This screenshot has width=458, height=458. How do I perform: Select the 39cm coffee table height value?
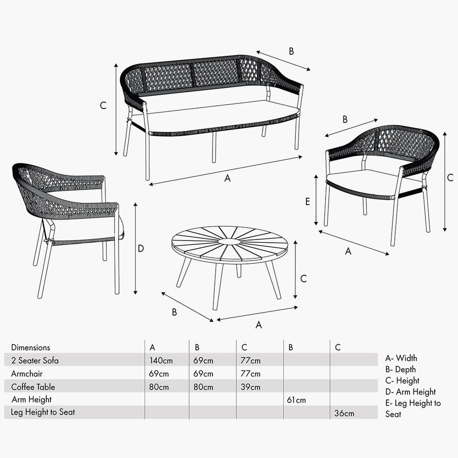click(x=250, y=387)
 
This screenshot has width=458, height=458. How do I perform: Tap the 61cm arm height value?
click(x=296, y=400)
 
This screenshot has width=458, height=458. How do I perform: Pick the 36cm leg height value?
click(x=344, y=413)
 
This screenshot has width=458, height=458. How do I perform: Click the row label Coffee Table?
click(x=33, y=387)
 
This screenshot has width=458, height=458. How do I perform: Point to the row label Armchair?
click(x=27, y=374)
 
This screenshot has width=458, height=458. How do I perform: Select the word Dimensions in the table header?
click(x=31, y=348)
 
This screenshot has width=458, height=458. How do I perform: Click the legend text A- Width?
click(x=401, y=358)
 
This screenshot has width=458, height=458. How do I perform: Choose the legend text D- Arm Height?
click(x=410, y=392)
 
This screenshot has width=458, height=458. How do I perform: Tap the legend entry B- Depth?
click(x=401, y=370)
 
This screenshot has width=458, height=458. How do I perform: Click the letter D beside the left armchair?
click(x=141, y=249)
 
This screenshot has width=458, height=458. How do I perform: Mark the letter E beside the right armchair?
click(x=308, y=201)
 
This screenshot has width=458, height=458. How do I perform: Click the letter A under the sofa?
click(x=227, y=179)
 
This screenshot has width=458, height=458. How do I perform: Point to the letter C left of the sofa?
click(x=103, y=105)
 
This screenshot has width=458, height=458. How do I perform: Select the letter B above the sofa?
click(x=291, y=51)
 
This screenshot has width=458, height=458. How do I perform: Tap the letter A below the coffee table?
click(x=259, y=325)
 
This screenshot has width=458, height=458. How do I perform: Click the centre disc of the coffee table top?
click(x=229, y=241)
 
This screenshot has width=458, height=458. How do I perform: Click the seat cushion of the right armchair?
click(x=362, y=178)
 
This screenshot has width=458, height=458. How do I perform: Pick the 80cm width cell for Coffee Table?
click(x=159, y=387)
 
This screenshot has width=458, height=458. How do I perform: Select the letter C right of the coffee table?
click(x=303, y=278)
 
